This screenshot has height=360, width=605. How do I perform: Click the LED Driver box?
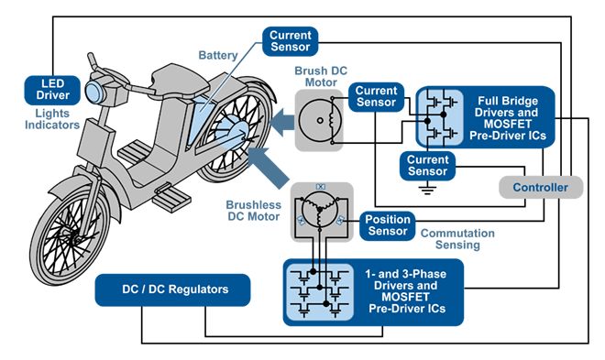tap(52, 90)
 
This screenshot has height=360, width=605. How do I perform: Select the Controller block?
tap(541, 187)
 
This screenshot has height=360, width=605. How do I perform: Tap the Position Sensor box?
tap(388, 225)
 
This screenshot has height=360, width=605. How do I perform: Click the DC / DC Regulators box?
tap(172, 289)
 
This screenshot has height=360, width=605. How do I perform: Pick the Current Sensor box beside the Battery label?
tap(291, 41)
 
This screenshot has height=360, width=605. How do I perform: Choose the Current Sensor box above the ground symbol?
tap(427, 166)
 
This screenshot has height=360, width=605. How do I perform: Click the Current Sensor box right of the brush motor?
tap(376, 97)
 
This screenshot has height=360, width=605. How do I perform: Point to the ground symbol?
tap(427, 190)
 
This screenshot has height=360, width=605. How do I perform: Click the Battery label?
tap(217, 56)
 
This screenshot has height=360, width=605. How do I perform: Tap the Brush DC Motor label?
tap(321, 77)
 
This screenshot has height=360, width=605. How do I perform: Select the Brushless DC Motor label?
tap(254, 211)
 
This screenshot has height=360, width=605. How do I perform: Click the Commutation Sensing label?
tap(457, 239)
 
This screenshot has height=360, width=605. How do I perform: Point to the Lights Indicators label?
tap(52, 119)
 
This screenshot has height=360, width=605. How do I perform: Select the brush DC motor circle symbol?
tap(320, 120)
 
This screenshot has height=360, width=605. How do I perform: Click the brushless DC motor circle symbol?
tap(320, 210)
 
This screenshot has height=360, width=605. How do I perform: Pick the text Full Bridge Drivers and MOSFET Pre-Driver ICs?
tap(507, 118)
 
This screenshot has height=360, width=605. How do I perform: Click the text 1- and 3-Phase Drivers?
tap(405, 279)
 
